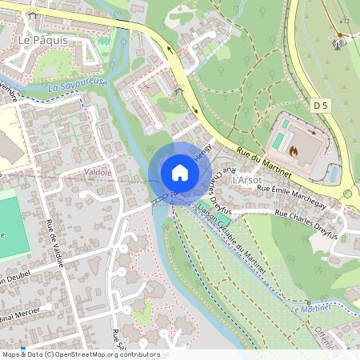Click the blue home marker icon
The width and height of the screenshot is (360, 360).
click(179, 173)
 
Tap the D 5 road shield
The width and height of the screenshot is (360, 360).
click(321, 105)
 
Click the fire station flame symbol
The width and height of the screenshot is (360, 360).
click(294, 150)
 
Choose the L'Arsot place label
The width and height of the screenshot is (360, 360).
click(246, 181)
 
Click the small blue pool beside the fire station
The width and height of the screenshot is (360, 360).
click(334, 174)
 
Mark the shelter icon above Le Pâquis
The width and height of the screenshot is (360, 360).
click(32, 14)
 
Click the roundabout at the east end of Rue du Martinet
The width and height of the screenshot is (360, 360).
click(348, 194)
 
